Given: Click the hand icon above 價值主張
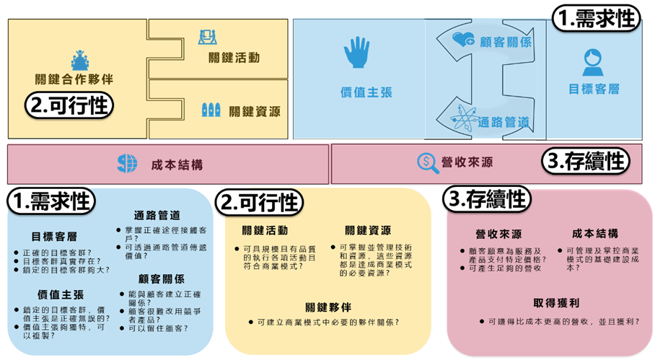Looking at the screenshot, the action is tap(356, 53).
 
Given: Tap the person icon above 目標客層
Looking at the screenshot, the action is tap(594, 62).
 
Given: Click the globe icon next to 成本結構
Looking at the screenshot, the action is tap(127, 164).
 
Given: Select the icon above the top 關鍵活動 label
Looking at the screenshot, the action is tap(208, 37).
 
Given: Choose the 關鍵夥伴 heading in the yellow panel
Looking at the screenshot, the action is tap(327, 307).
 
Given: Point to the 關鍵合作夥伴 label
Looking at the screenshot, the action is tap(74, 79).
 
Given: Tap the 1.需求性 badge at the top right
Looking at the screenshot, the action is tap(596, 19).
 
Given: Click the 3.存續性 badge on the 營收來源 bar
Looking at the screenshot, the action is tap(584, 161).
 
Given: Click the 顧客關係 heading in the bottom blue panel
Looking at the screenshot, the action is tap(159, 278).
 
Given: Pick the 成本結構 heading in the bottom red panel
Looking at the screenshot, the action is tap(595, 233).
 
